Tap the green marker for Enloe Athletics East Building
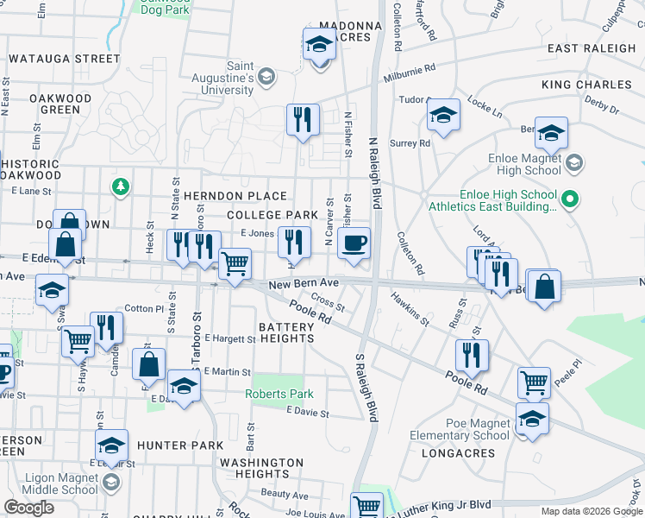(568, 201)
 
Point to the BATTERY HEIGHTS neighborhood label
(286, 332)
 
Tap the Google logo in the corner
(29, 508)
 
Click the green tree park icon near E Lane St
(121, 186)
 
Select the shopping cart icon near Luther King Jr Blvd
(367, 505)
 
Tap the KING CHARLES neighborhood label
(586, 85)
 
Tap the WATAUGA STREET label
(65, 59)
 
